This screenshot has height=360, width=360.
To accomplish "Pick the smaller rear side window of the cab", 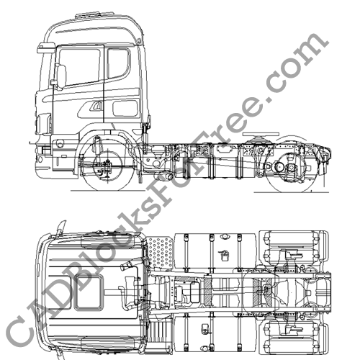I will [117, 63].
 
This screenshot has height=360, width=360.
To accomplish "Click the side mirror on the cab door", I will [60, 76].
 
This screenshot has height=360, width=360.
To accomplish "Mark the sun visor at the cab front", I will [47, 48].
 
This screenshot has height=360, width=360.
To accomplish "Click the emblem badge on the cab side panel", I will [96, 108].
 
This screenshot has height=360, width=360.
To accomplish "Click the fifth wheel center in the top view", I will [268, 289].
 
